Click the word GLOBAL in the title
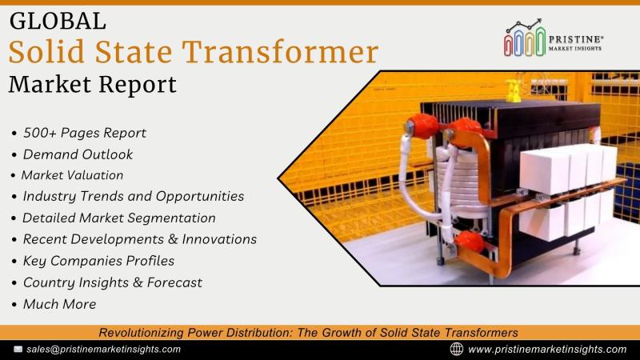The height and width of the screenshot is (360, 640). coord(58,22)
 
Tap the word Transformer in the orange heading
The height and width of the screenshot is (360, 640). coord(281,52)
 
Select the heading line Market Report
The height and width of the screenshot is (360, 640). coord(93,85)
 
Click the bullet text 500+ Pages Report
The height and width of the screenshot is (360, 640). coord(85,133)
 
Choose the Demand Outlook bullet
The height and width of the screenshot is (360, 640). coord(78,154)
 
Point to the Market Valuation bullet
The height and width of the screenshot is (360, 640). coord(72,175)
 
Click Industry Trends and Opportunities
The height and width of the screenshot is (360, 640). coord(134,196)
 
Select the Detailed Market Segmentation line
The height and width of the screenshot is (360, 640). coord(118,218)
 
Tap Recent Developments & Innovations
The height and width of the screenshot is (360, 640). coord(140,239)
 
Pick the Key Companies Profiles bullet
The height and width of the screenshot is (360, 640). coord(98,261)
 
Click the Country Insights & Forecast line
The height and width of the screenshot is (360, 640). coord(113,282)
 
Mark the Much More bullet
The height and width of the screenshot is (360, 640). coord(59,304)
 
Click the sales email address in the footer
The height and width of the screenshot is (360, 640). coord(104,350)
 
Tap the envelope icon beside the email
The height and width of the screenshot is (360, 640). coord(18,350)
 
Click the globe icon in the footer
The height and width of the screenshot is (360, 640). coord(456,349)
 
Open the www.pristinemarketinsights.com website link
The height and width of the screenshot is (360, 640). coord(547,350)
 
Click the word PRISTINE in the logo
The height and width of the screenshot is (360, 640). coord(574,39)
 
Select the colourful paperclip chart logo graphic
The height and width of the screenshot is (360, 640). coord(525,38)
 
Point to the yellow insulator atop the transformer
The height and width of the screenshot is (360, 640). coord(514,90)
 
